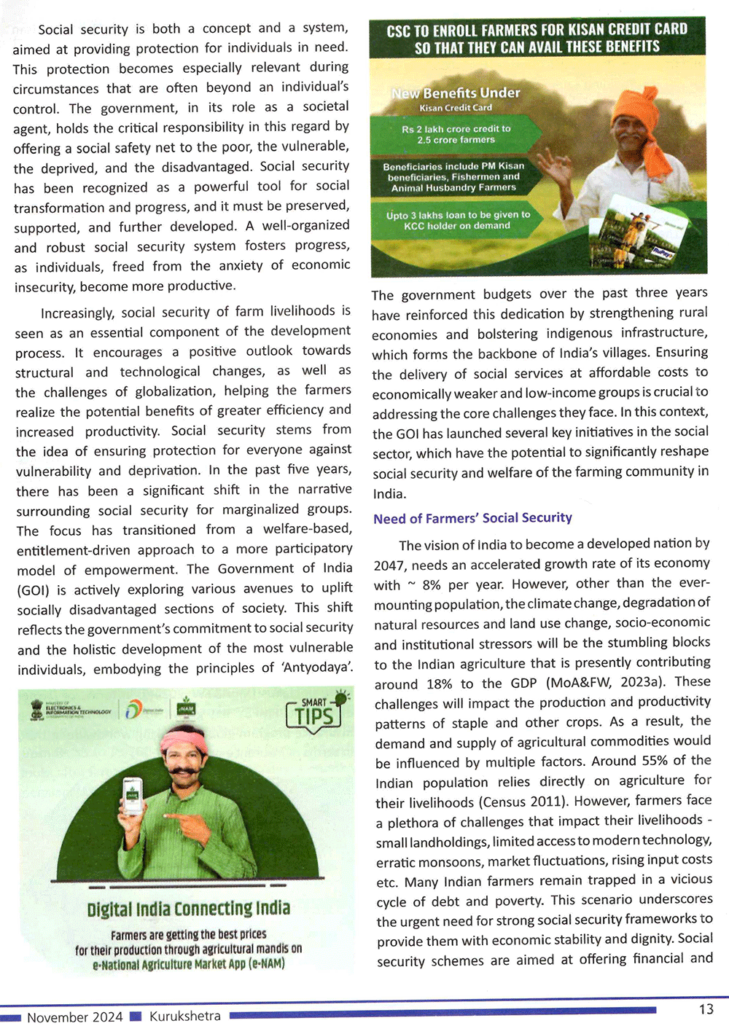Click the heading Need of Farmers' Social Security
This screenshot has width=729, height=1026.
coord(472,518)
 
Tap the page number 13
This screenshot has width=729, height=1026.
coord(706,1009)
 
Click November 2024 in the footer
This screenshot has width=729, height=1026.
coord(74,1017)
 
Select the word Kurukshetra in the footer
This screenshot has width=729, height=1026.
coord(185,1016)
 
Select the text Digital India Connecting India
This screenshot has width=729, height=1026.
coord(188,909)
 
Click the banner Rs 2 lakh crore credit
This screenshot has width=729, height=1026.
coord(456,134)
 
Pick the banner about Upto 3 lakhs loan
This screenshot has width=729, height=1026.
coord(458,220)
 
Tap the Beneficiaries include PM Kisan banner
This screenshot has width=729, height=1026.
coord(453,176)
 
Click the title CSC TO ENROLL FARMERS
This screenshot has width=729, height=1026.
coord(537,38)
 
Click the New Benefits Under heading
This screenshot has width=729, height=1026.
coord(456,94)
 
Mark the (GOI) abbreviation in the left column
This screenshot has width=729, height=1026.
coord(33,590)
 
